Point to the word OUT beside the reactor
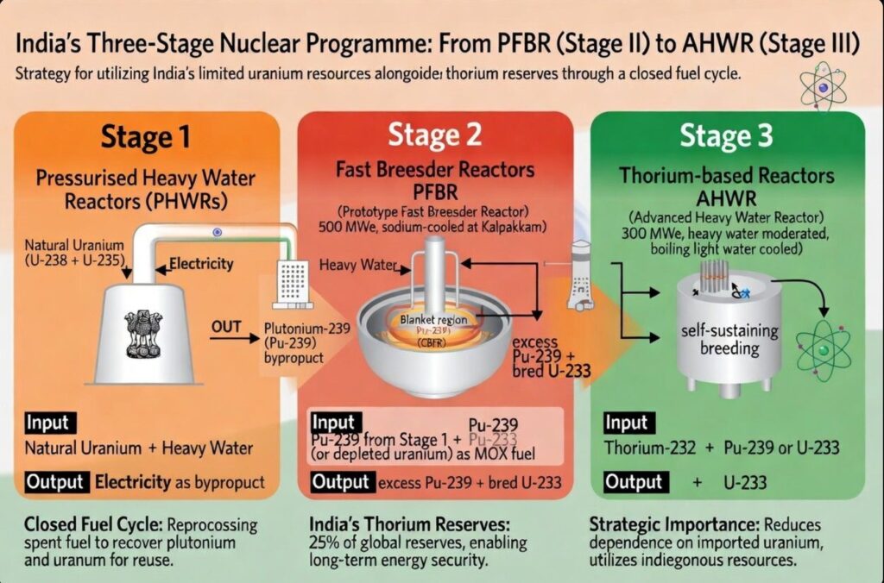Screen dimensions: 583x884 pyautogui.click(x=226, y=328)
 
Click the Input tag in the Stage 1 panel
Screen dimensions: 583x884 pyautogui.click(x=50, y=423)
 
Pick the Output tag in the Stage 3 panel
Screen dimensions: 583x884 pyautogui.click(x=635, y=482)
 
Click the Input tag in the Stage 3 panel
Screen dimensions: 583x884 pyautogui.click(x=626, y=423)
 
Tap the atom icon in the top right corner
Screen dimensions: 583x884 pyautogui.click(x=823, y=87)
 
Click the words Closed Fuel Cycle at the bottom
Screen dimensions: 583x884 pyautogui.click(x=79, y=523)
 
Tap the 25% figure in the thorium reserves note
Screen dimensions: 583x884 pyautogui.click(x=323, y=542)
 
